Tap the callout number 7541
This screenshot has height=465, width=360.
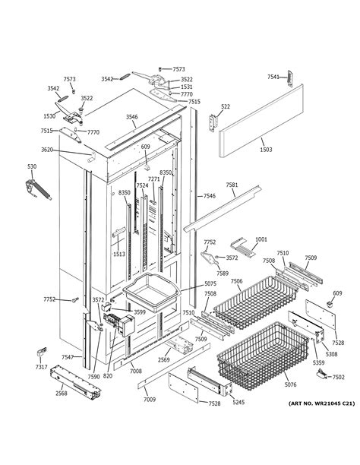273,77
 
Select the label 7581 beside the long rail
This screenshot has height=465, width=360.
232,185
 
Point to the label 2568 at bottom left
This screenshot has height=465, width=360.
61,393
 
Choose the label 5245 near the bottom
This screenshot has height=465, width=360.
238,403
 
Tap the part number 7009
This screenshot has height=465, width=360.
150,399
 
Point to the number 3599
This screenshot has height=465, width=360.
140,312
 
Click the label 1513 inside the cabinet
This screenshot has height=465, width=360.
119,255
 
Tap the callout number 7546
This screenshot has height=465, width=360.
209,196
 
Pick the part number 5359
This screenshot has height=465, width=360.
318,364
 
